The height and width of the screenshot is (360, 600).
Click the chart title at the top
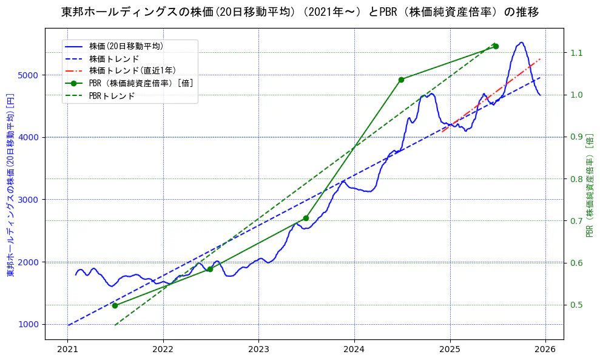(x=300, y=12)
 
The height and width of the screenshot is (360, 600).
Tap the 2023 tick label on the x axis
(x=258, y=350)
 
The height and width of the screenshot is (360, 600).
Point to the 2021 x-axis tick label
(x=67, y=350)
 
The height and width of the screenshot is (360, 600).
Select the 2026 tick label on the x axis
(x=545, y=350)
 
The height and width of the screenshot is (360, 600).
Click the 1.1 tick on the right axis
(x=577, y=53)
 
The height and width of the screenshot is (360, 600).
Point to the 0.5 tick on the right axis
(x=577, y=305)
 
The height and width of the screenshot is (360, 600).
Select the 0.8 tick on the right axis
(x=577, y=179)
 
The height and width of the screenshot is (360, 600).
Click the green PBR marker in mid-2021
(x=115, y=305)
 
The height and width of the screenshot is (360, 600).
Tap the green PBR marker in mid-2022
(x=210, y=269)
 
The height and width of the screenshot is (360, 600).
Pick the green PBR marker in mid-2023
(x=306, y=218)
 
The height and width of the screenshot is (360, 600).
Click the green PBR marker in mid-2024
(x=401, y=80)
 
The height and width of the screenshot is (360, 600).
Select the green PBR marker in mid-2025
(x=496, y=46)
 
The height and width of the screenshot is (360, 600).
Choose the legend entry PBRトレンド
(x=112, y=96)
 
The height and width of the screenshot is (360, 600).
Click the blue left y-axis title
(x=10, y=185)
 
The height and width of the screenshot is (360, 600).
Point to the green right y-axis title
(x=589, y=185)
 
